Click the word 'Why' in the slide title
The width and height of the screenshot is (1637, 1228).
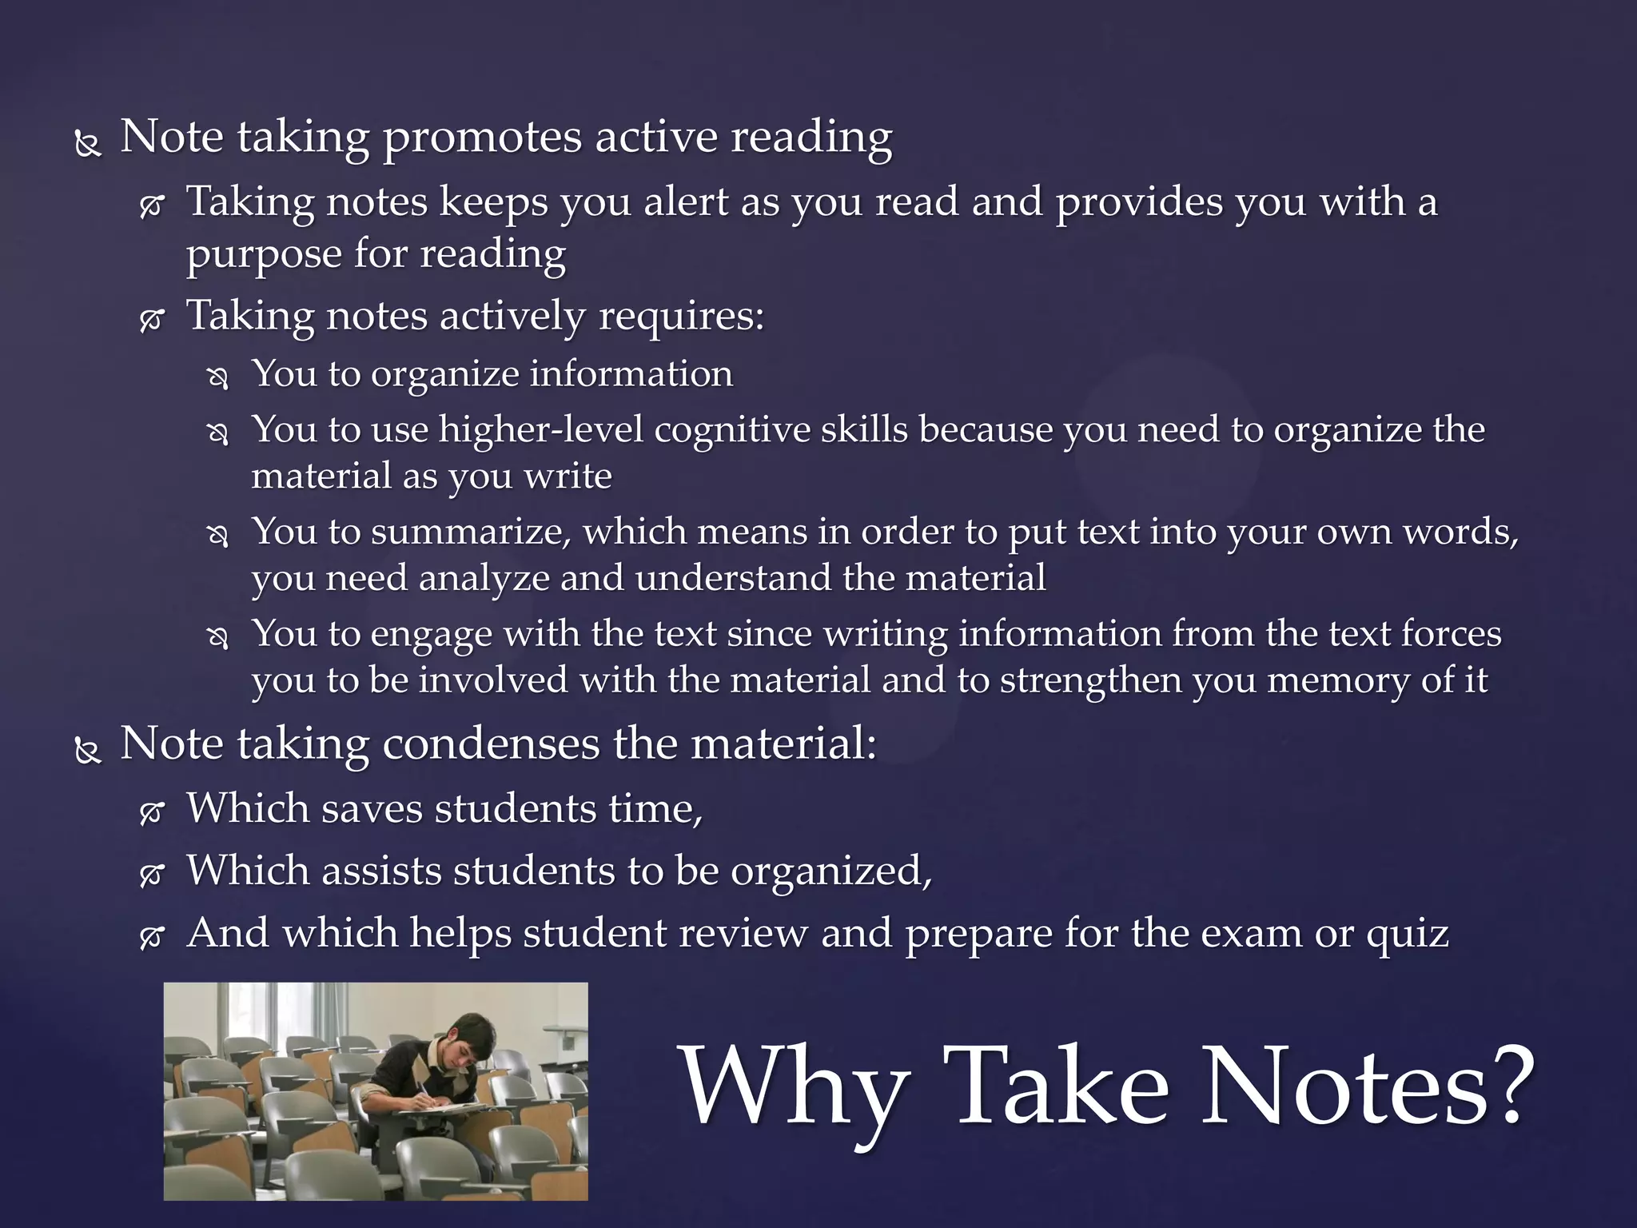[x=795, y=1087]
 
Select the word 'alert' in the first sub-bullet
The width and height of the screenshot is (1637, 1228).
[x=686, y=201]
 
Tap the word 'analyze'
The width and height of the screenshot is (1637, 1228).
[x=484, y=579]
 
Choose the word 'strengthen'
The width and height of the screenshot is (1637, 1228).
[x=1091, y=680]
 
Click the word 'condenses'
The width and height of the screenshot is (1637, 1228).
[x=491, y=744]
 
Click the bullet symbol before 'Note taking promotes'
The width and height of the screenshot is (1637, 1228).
[x=87, y=145]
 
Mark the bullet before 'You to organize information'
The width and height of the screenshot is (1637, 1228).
[x=217, y=378]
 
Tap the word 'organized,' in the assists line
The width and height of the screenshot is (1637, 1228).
[x=831, y=871]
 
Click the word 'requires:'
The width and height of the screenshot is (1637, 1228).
[x=682, y=317]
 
